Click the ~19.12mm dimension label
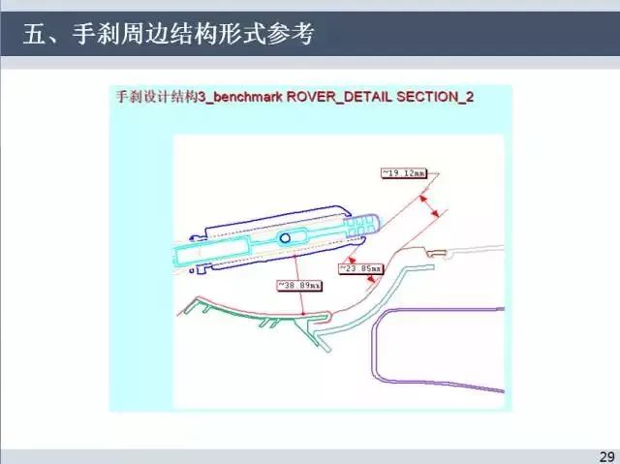click(398, 172)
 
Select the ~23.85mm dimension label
click(357, 268)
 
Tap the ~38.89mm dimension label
click(298, 286)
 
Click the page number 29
click(607, 456)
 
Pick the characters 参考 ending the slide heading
click(294, 36)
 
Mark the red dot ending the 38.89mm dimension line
click(303, 315)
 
